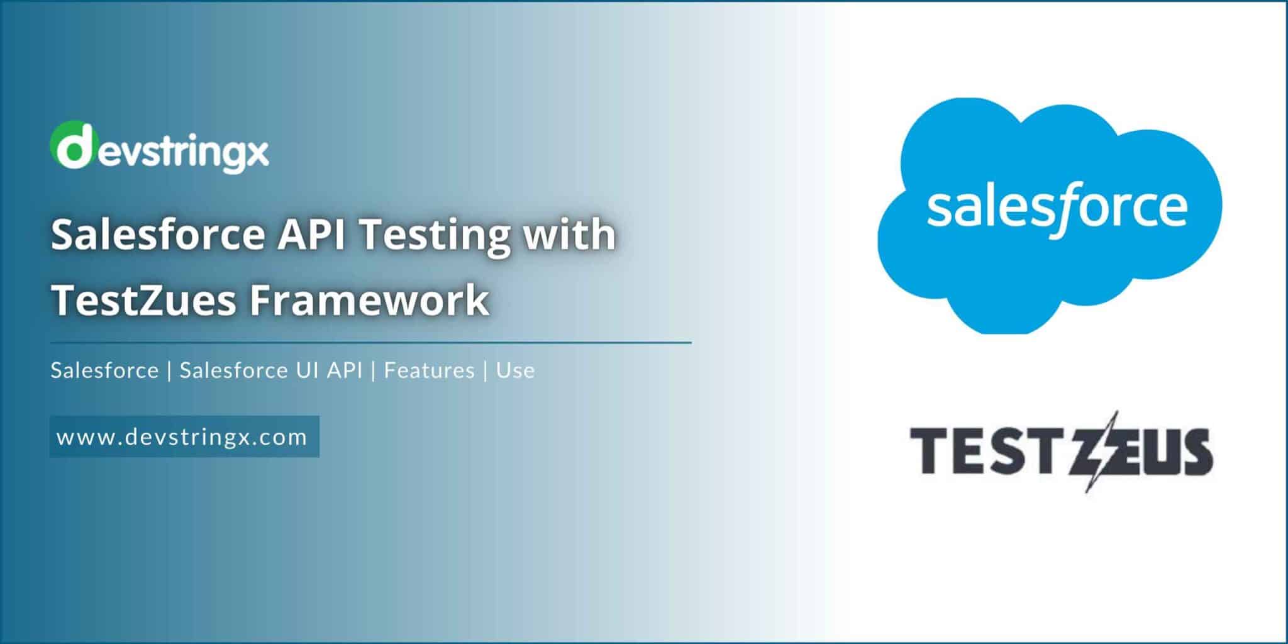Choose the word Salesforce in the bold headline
158,235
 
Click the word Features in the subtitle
429,370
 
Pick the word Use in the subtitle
515,370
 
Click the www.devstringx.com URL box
184,436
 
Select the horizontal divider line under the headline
371,343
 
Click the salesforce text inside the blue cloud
1057,208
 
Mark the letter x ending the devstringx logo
257,153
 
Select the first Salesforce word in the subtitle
104,370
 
